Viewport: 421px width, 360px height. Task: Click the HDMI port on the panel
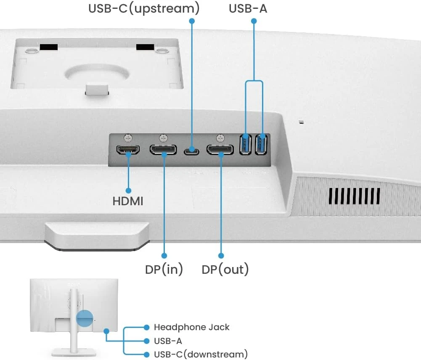(128, 150)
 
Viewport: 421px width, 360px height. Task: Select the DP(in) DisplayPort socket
(163, 150)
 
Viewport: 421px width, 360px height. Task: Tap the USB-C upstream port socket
(192, 149)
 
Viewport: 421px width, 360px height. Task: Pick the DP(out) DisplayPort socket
(220, 150)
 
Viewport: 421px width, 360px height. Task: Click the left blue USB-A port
(245, 144)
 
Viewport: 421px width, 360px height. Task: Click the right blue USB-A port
(262, 144)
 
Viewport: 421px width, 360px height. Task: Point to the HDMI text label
(128, 201)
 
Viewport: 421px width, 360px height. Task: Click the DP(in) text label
(164, 269)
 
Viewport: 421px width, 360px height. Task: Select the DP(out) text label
(225, 269)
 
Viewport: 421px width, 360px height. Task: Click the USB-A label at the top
(248, 8)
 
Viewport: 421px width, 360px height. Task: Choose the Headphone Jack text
(191, 327)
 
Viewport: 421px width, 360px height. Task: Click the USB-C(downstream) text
(201, 354)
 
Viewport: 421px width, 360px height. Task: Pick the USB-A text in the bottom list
(168, 341)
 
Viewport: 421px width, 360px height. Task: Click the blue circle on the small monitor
(85, 318)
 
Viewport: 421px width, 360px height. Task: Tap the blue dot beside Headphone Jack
(146, 327)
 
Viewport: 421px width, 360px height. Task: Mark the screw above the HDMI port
(128, 137)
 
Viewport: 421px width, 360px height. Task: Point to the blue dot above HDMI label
(128, 191)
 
